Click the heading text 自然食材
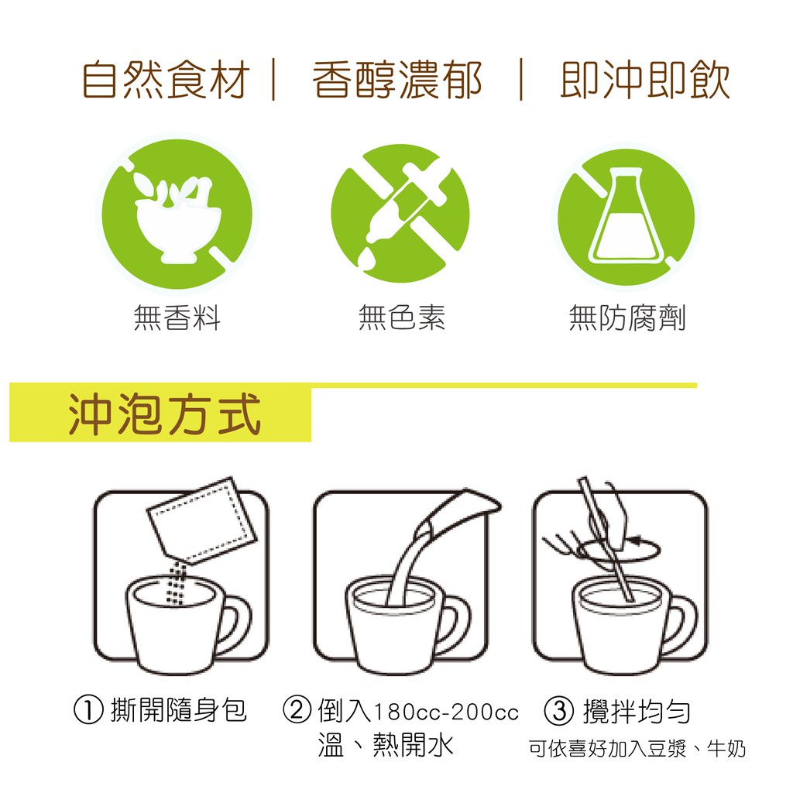pyautogui.click(x=166, y=80)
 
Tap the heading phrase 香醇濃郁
pyautogui.click(x=397, y=80)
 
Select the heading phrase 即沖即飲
pyautogui.click(x=645, y=80)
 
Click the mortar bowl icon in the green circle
pyautogui.click(x=177, y=218)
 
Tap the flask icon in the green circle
pyautogui.click(x=626, y=217)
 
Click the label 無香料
pyautogui.click(x=177, y=318)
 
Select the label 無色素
pyautogui.click(x=402, y=318)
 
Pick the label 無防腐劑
pyautogui.click(x=627, y=318)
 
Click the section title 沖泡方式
pyautogui.click(x=164, y=415)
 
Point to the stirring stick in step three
pyautogui.click(x=606, y=539)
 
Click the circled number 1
pyautogui.click(x=88, y=710)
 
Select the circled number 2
pyautogui.click(x=297, y=710)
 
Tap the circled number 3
pyautogui.click(x=559, y=711)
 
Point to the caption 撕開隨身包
pyautogui.click(x=179, y=710)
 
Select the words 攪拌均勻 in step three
pyautogui.click(x=637, y=711)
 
